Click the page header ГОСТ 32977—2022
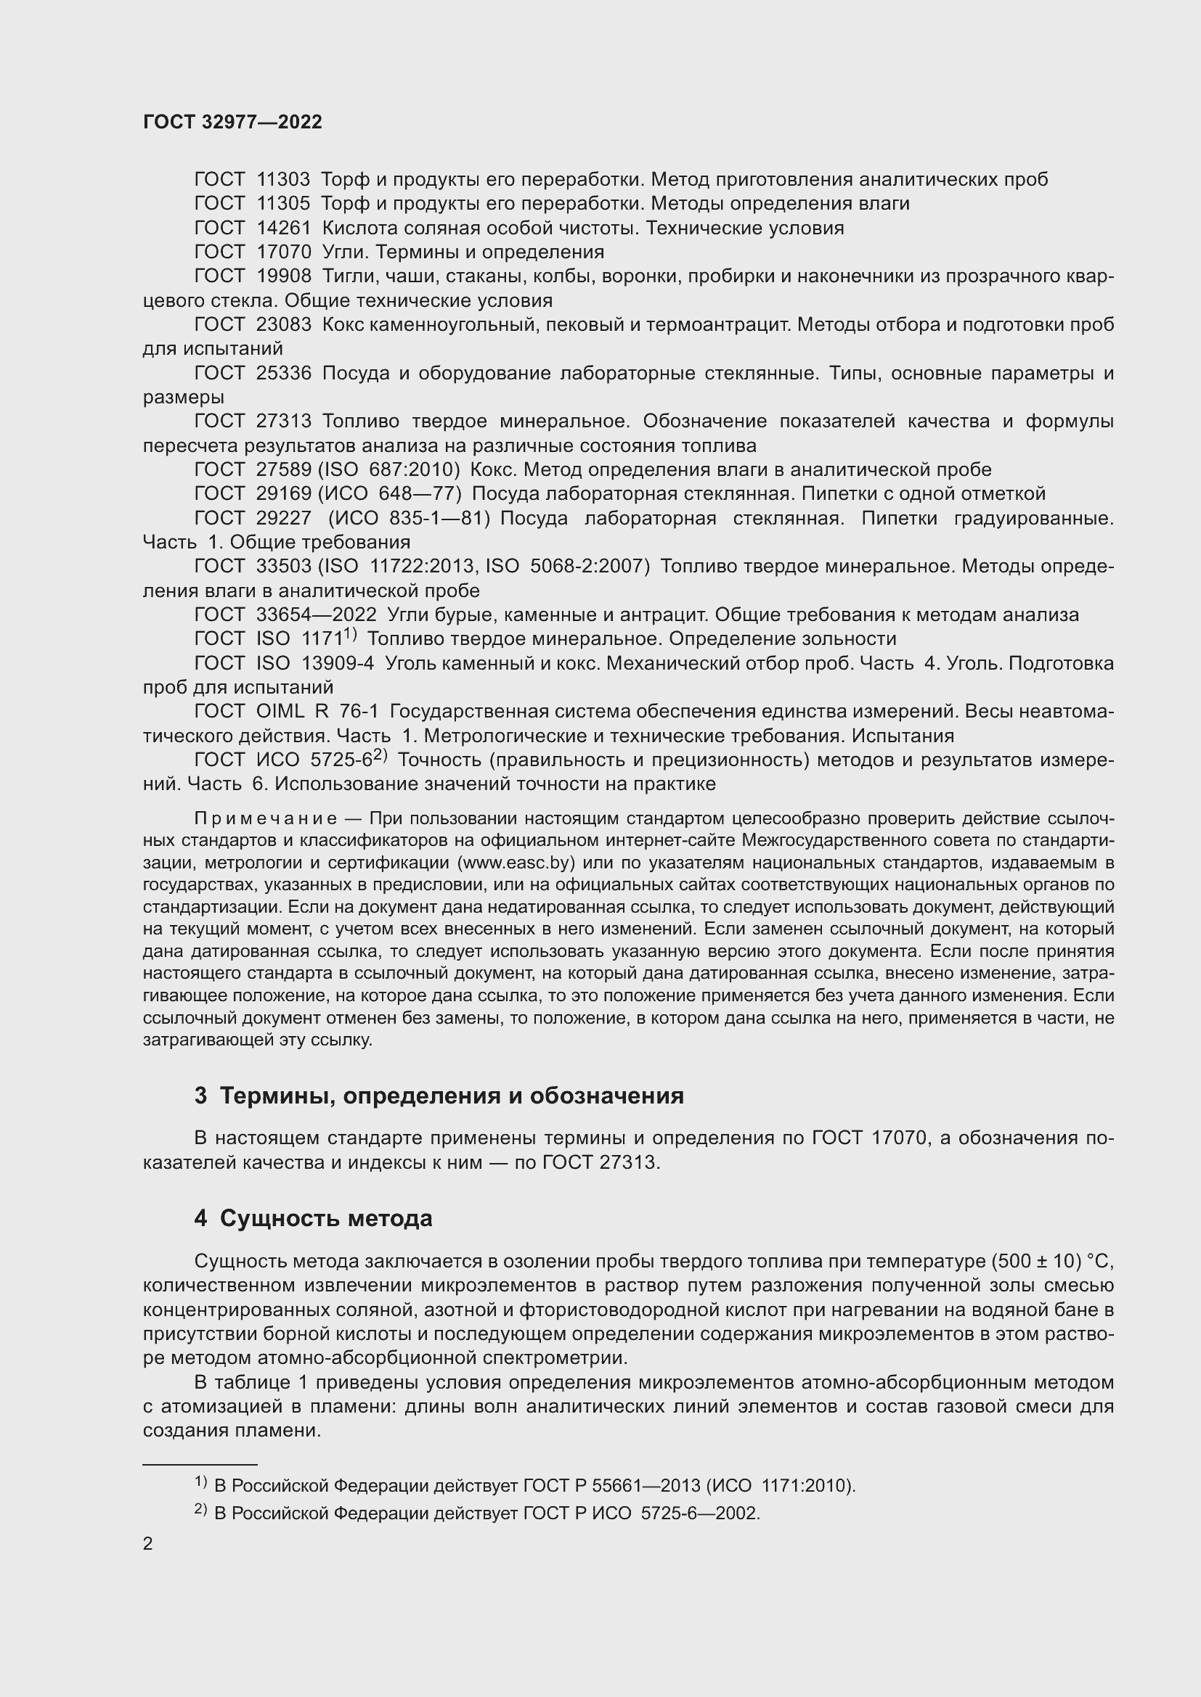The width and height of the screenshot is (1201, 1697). coord(232,122)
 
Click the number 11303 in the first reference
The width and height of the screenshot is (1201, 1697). coord(284,180)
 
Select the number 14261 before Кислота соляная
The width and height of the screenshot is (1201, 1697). coord(284,228)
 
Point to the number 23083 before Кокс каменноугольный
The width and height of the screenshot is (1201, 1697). coord(284,324)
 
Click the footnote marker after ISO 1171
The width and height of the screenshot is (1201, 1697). coord(351,634)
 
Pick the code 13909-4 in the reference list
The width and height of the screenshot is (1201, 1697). coord(338,663)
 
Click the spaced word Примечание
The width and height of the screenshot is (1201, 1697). coord(266,819)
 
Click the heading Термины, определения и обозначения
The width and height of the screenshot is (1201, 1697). coord(451,1096)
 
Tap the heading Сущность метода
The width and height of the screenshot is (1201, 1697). coord(325,1218)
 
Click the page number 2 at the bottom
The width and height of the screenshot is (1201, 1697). coord(148,1544)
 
